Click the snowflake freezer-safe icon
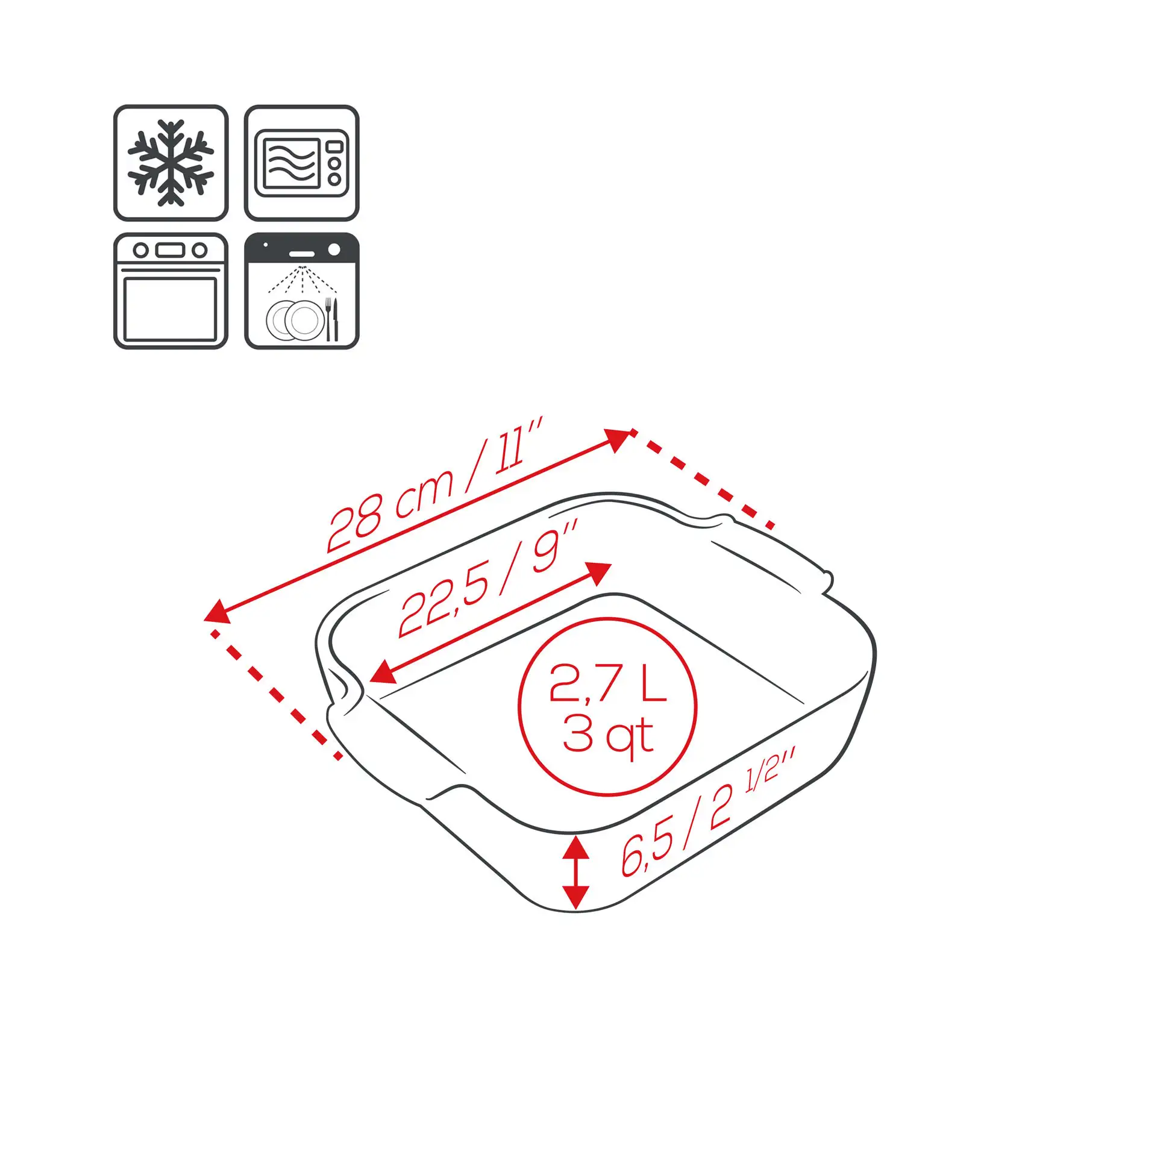click(x=171, y=163)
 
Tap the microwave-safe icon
click(x=302, y=163)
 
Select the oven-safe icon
click(x=171, y=291)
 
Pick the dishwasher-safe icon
click(x=302, y=291)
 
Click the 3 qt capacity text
click(x=608, y=736)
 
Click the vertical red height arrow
click(x=575, y=872)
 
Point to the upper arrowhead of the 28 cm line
click(x=618, y=439)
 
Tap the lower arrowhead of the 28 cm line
click(x=218, y=611)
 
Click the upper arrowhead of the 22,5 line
click(x=600, y=572)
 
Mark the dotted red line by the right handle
click(x=703, y=478)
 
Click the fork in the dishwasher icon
click(x=328, y=319)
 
